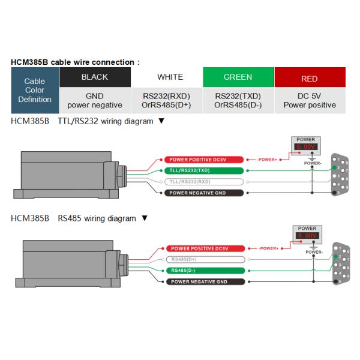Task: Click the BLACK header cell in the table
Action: [x=95, y=77]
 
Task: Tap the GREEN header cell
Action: [x=238, y=77]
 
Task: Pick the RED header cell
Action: [x=310, y=79]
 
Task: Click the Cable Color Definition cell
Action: [x=35, y=91]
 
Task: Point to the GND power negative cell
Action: [x=95, y=100]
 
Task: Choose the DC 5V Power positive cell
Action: [x=310, y=100]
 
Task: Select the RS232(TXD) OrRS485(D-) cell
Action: [x=238, y=100]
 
